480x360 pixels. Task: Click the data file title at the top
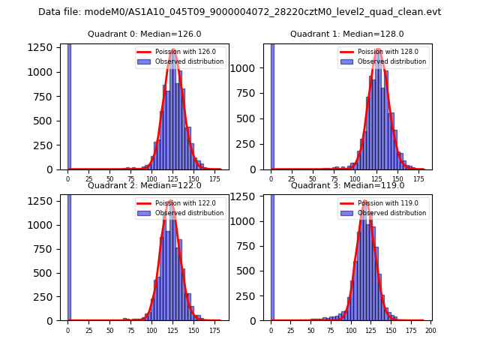pos(240,12)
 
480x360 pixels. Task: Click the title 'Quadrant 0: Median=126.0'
pos(145,34)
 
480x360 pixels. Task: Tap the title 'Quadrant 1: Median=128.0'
pos(347,34)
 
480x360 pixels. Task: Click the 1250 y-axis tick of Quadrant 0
pos(44,46)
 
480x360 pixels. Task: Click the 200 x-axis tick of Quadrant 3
pos(430,330)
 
